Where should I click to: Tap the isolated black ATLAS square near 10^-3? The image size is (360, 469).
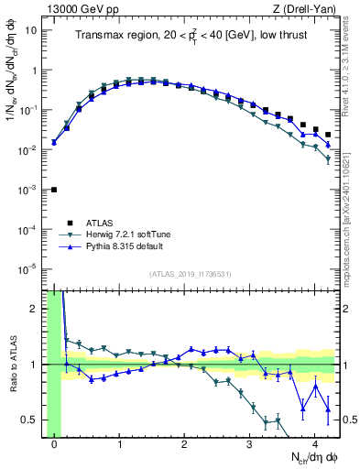click(x=54, y=190)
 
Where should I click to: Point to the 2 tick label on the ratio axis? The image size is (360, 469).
click(x=33, y=309)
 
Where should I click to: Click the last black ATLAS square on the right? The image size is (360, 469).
click(x=328, y=135)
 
